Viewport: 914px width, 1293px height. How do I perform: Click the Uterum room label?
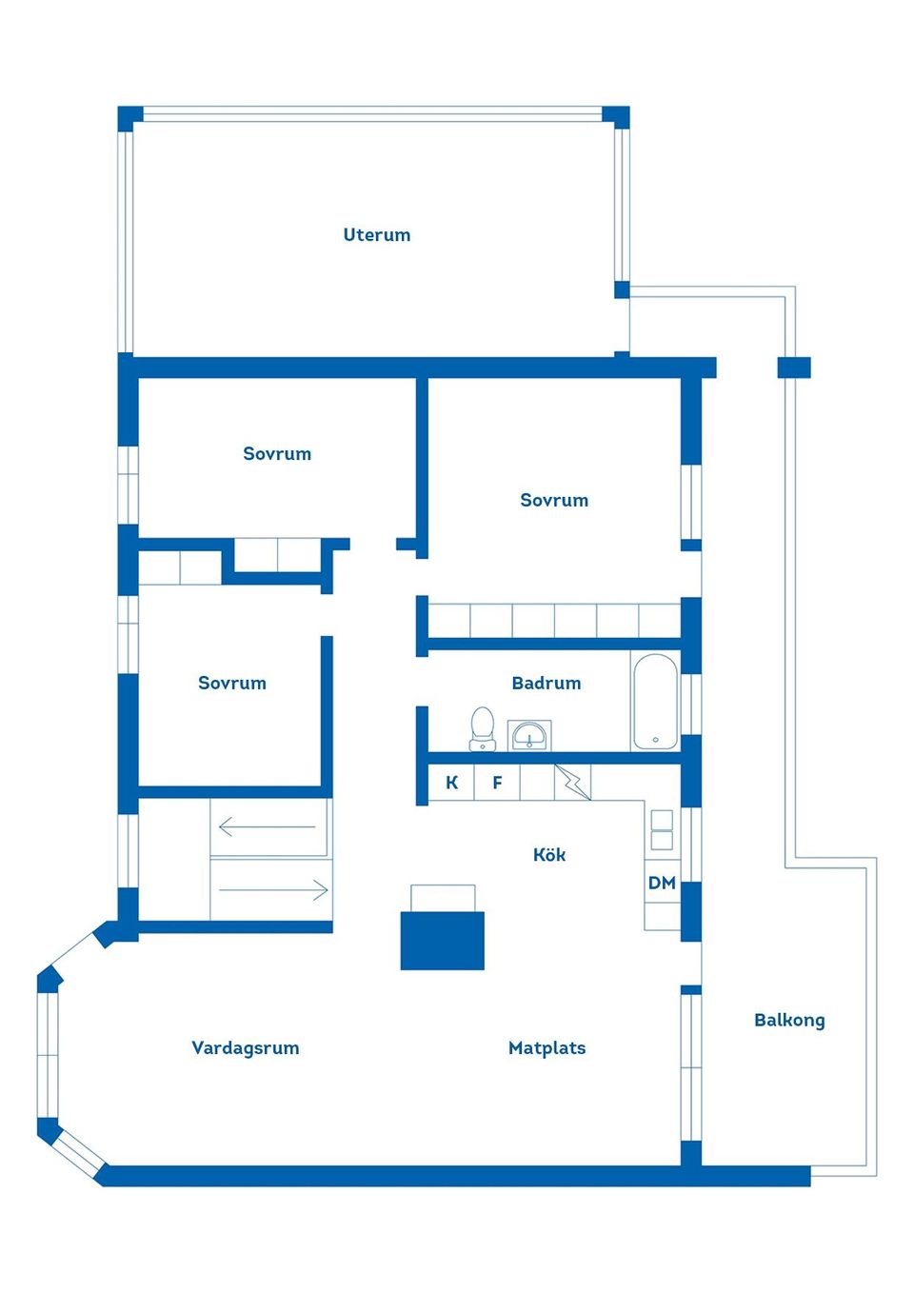coord(376,235)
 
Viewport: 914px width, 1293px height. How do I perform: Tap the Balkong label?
coord(788,1021)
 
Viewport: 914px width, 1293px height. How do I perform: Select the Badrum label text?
coord(546,683)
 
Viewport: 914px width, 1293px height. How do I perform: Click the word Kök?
coord(549,855)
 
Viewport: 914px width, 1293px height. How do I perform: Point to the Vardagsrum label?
coord(245,1048)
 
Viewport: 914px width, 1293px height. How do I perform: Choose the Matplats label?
coord(546,1048)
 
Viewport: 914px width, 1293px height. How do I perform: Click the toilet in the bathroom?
coord(483,728)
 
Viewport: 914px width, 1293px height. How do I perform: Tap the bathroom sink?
coord(528,735)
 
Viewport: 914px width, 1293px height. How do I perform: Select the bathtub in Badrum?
coord(655,701)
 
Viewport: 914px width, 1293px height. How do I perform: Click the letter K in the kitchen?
coord(452,783)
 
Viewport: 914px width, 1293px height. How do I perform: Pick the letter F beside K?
coord(497,783)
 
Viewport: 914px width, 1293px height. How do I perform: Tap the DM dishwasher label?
coord(662,883)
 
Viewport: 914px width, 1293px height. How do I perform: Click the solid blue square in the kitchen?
coord(442,941)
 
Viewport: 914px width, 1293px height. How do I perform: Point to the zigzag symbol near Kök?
coord(572,782)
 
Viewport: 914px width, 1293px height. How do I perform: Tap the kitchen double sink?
coord(662,829)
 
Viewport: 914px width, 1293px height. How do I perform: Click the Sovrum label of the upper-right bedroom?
coord(553,500)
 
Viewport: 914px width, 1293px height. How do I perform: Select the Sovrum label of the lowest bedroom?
coord(231,683)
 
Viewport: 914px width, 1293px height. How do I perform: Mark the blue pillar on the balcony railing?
coord(793,368)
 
